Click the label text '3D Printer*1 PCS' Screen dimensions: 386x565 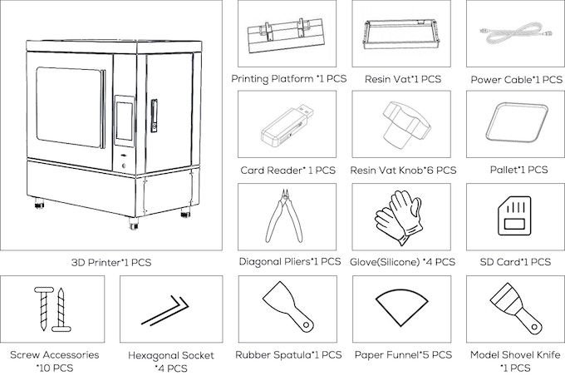113,262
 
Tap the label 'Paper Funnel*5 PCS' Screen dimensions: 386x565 402,354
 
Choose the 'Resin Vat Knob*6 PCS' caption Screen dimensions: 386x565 402,170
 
